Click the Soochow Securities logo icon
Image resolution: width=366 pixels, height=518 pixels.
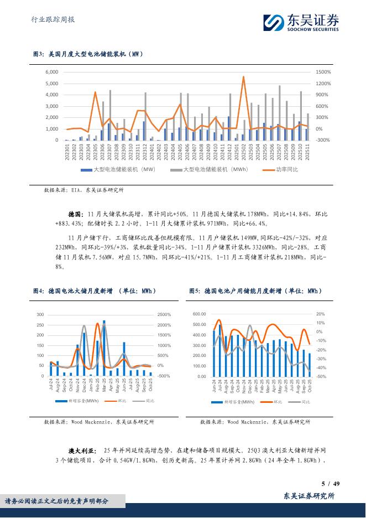(272, 22)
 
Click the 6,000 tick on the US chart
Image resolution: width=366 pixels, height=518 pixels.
(51, 72)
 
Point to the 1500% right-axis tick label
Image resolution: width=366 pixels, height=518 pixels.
(323, 72)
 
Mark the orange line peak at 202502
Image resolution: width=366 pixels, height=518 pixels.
(243, 77)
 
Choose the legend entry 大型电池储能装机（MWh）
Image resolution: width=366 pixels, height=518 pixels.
(213, 169)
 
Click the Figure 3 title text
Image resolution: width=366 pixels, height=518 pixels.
(88, 54)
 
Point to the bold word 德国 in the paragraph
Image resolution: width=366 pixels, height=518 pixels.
(75, 213)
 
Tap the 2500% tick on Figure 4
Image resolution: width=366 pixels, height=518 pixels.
(164, 315)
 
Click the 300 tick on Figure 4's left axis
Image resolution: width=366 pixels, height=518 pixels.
(40, 315)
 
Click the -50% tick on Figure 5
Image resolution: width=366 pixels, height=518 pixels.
(321, 376)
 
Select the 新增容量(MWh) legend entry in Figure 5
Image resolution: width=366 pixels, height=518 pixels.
(239, 401)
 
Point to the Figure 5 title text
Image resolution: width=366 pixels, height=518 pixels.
(255, 291)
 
